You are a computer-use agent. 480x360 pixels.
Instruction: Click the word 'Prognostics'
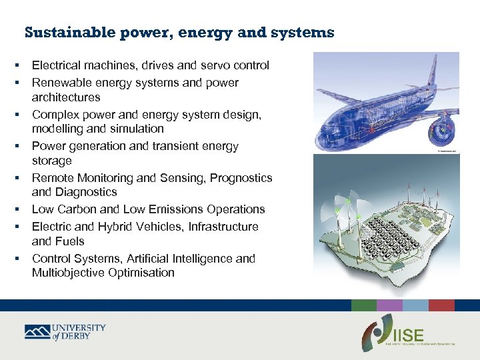click(x=239, y=178)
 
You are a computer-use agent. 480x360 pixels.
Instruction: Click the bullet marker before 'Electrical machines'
click(x=15, y=65)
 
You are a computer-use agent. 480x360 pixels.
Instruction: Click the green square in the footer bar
click(x=364, y=305)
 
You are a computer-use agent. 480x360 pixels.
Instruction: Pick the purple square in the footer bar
click(x=389, y=305)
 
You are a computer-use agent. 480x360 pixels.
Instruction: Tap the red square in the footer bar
click(x=441, y=305)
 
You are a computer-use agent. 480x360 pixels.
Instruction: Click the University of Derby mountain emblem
click(x=37, y=331)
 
